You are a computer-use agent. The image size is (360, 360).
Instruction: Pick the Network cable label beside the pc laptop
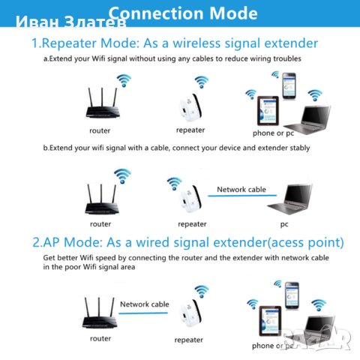pos(241,190)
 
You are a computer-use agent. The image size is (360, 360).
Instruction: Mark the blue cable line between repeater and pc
pos(242,197)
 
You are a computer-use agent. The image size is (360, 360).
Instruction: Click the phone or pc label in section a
pos(273,133)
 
